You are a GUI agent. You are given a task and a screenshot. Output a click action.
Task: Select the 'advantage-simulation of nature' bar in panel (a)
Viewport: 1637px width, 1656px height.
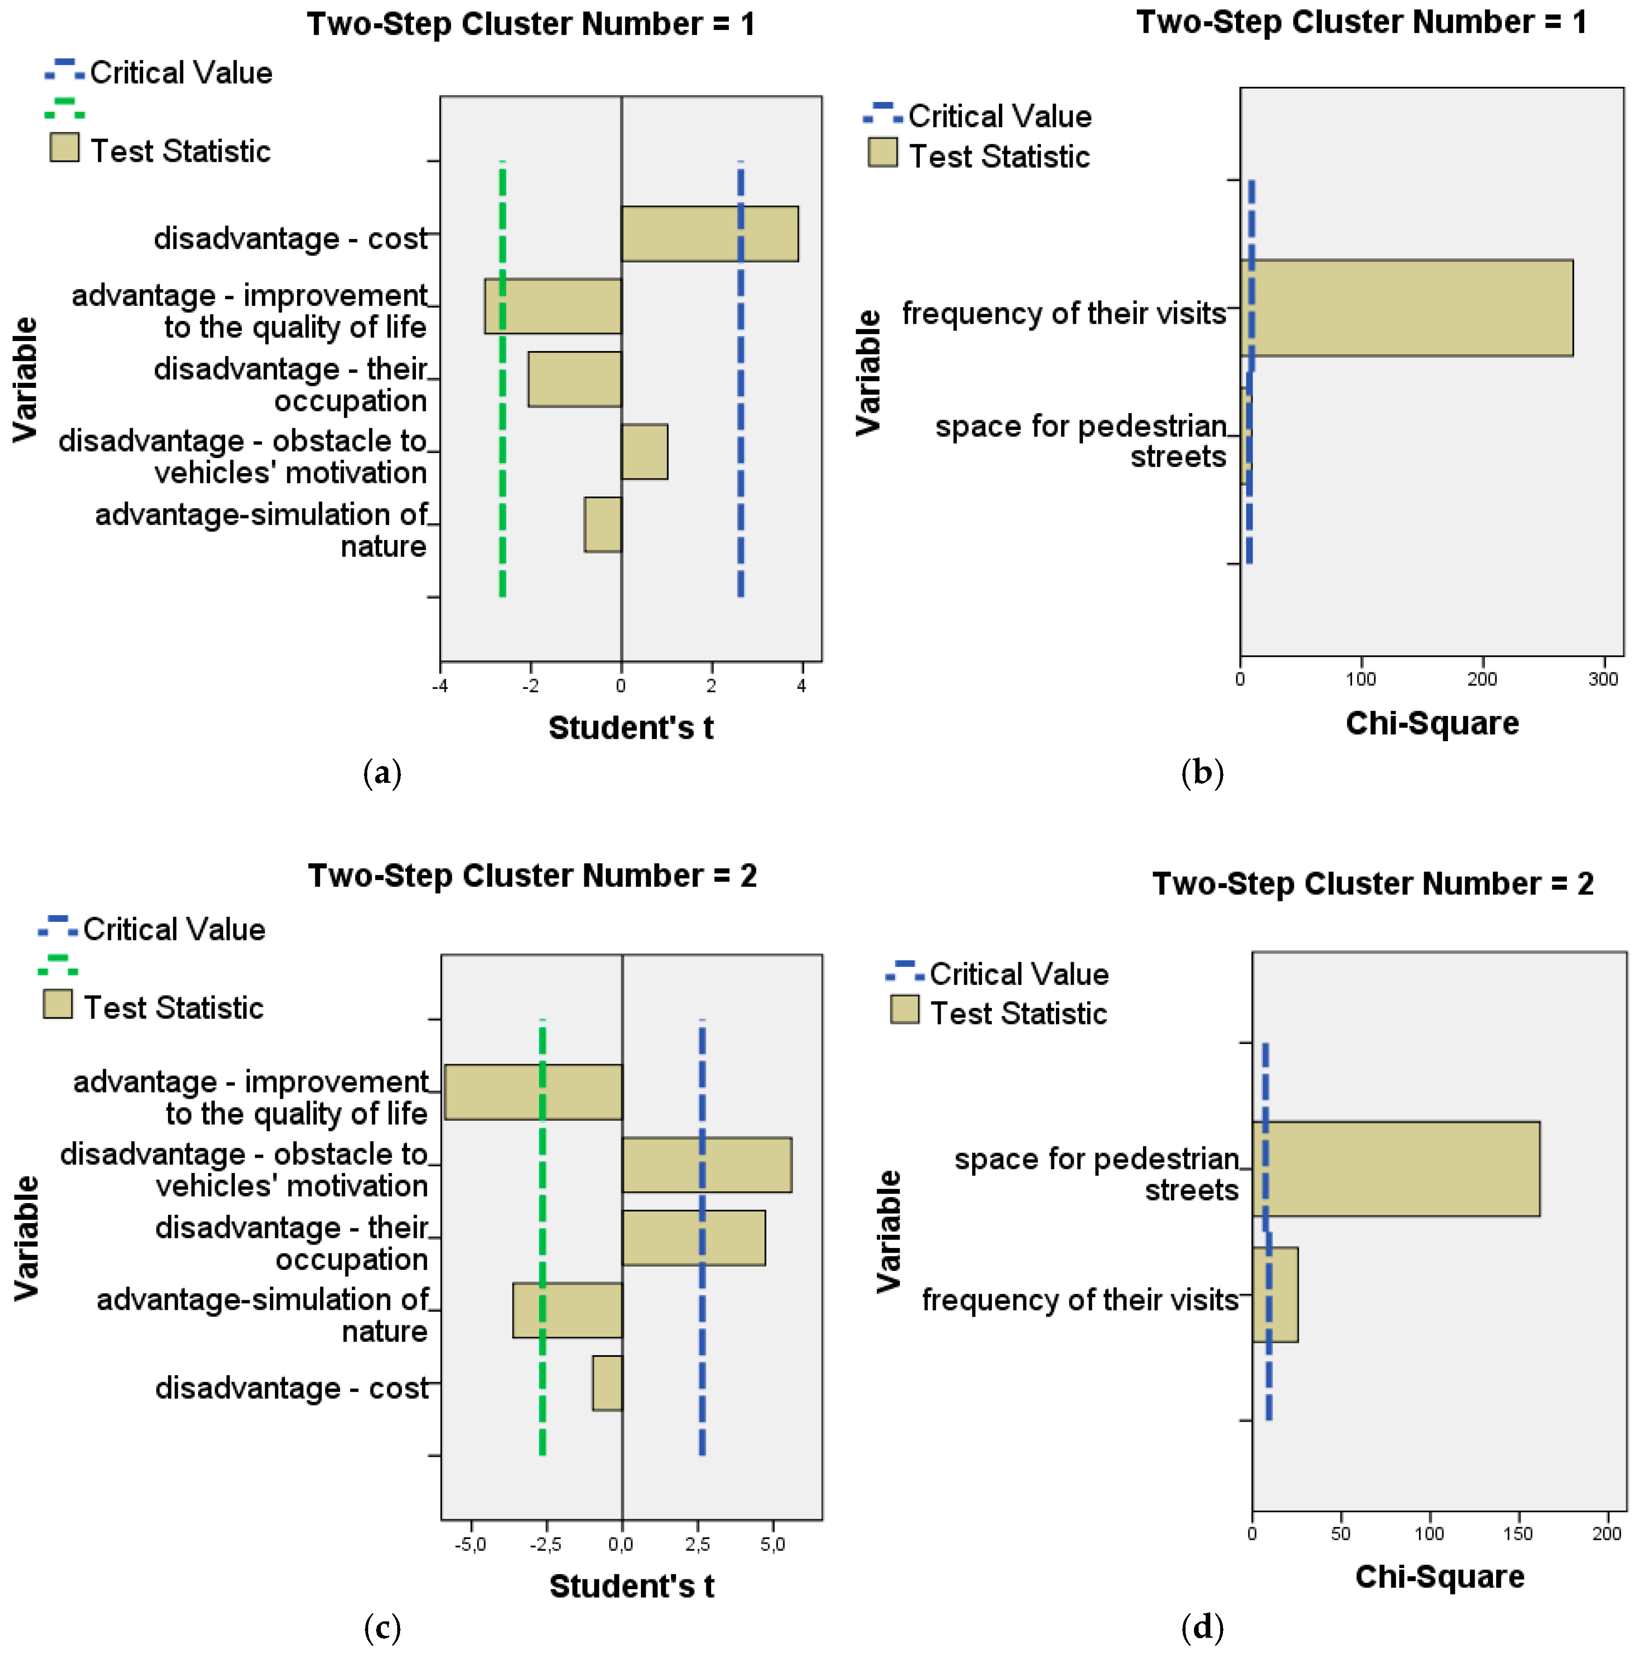[x=603, y=525]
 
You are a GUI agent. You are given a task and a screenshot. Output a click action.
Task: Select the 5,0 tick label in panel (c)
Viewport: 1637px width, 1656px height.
[x=772, y=1544]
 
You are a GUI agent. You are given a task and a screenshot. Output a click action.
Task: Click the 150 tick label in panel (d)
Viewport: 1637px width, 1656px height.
[x=1518, y=1533]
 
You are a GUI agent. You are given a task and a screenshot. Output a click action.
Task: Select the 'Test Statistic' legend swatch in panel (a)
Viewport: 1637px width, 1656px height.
[x=64, y=147]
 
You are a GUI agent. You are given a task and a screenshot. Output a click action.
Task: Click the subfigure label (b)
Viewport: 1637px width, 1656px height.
[x=1201, y=773]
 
